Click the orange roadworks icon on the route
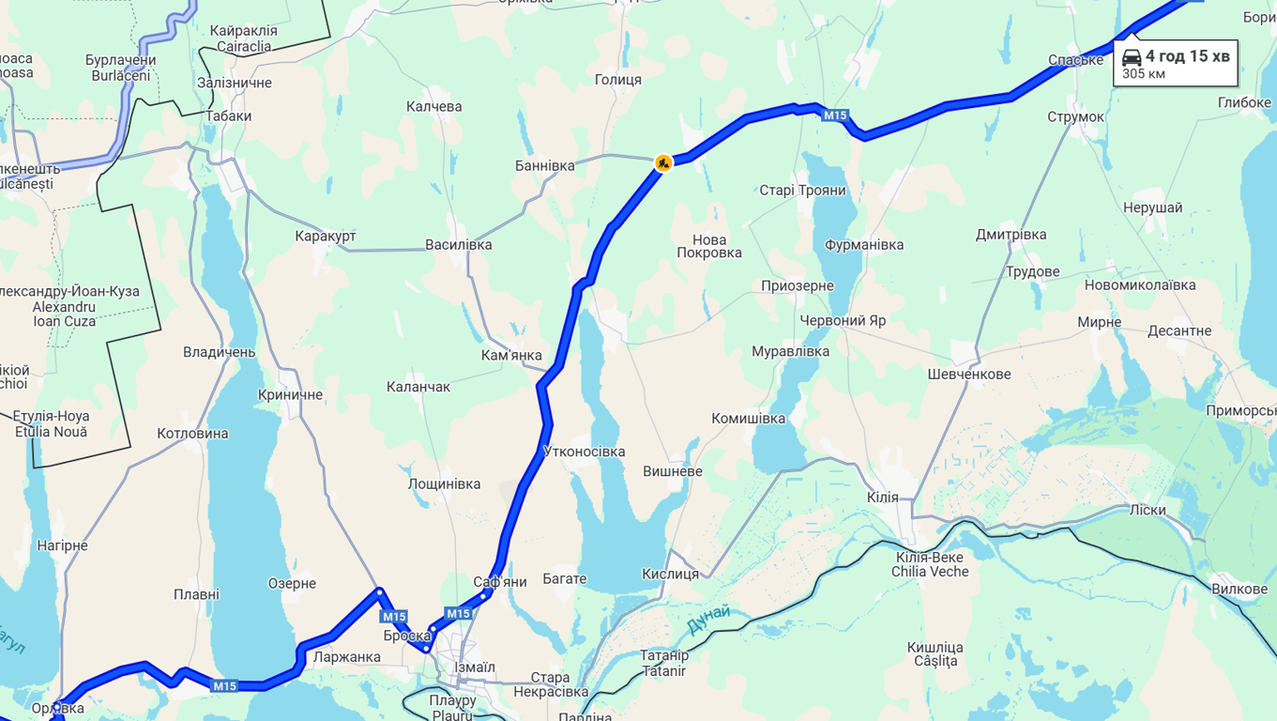click(663, 163)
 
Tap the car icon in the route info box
click(1132, 57)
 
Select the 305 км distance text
click(1144, 74)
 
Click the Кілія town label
click(882, 498)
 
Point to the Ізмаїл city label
click(475, 667)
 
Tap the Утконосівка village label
click(584, 452)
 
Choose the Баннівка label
click(544, 166)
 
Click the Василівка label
click(458, 245)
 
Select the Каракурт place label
click(326, 236)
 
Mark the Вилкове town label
click(1239, 590)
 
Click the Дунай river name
click(707, 618)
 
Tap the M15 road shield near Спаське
click(835, 115)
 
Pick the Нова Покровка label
click(709, 246)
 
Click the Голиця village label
click(618, 80)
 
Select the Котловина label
click(192, 434)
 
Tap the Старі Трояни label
click(802, 191)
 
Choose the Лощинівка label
click(444, 484)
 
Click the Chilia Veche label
click(930, 572)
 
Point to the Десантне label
click(1179, 331)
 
